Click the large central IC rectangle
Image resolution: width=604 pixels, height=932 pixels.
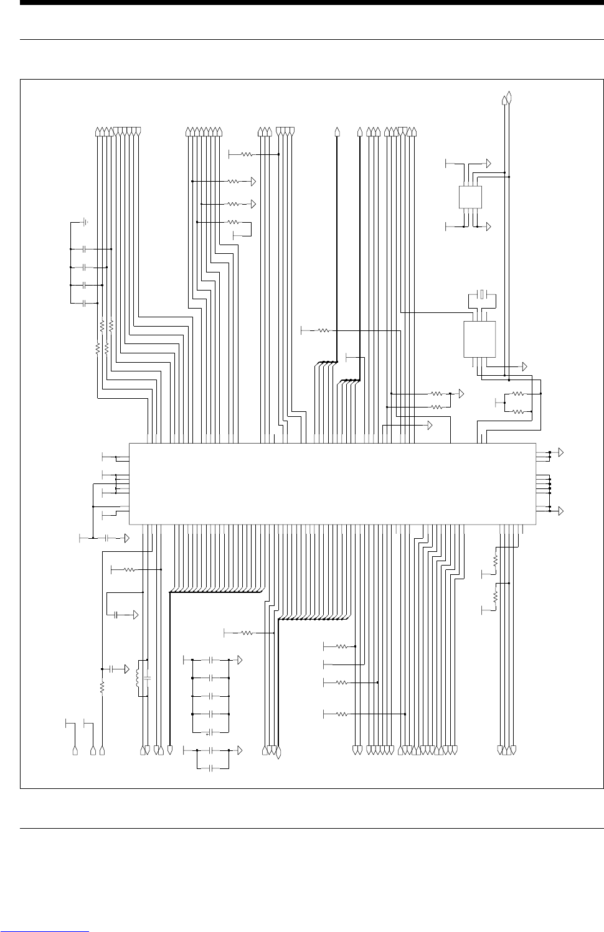pos(332,483)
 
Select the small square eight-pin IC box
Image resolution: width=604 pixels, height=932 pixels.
pos(470,197)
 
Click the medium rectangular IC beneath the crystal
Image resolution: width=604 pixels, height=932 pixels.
pos(479,339)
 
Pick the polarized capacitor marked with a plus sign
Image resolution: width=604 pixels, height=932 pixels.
pos(211,732)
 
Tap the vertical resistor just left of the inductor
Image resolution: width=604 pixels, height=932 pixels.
pos(102,687)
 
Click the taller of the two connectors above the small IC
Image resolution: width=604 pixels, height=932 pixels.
pos(510,98)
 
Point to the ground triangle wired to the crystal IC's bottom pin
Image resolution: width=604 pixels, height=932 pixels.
pos(524,365)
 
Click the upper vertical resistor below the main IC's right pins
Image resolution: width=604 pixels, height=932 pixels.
pos(496,561)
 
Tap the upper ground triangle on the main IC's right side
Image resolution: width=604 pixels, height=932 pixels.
pos(561,452)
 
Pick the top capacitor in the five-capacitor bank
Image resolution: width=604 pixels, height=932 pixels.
pos(211,659)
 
